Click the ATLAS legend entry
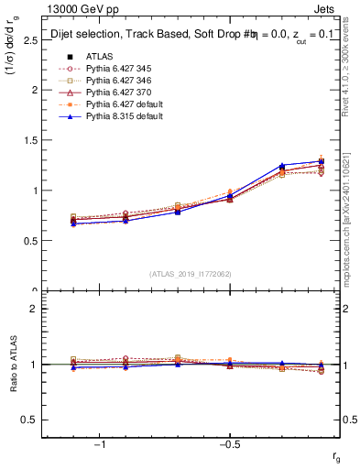98,56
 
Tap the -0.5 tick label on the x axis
228,444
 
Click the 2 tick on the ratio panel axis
34,309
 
